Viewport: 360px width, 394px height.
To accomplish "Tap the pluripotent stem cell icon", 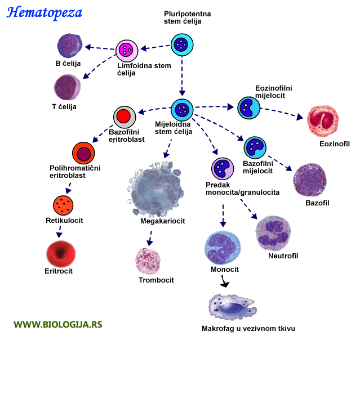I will click(x=182, y=44).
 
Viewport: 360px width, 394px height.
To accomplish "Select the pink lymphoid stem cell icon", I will click(x=127, y=51).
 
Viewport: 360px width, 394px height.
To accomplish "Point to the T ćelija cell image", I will click(x=67, y=87).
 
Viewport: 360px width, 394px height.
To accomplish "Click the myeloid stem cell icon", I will click(x=182, y=110).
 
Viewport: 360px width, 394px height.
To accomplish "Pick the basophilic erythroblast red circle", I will click(x=124, y=117).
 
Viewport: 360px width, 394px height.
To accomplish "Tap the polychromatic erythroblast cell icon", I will click(x=83, y=153).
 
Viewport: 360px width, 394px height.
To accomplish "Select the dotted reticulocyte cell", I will click(x=64, y=204).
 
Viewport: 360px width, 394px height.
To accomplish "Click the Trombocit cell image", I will click(x=148, y=260).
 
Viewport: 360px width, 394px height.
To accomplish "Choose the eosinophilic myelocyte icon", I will click(x=248, y=108).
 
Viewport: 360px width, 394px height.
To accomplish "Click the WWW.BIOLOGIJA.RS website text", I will click(x=58, y=324).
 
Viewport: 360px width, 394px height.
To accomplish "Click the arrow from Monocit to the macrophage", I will click(x=225, y=283).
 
